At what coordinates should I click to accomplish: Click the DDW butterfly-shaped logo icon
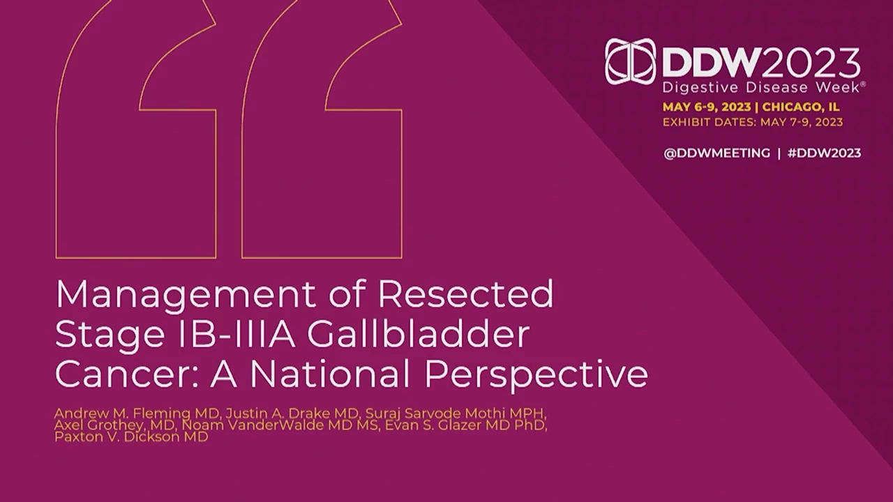[630, 62]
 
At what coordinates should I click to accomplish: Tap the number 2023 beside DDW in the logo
[811, 63]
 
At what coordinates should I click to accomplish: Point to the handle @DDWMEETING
[716, 153]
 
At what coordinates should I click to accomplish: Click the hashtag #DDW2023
[825, 153]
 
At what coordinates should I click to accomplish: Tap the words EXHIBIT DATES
[709, 122]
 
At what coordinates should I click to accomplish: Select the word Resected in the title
[465, 294]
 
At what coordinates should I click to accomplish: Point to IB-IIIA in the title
[236, 334]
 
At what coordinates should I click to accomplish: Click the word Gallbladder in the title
[418, 334]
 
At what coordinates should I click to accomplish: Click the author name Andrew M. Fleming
[122, 413]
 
